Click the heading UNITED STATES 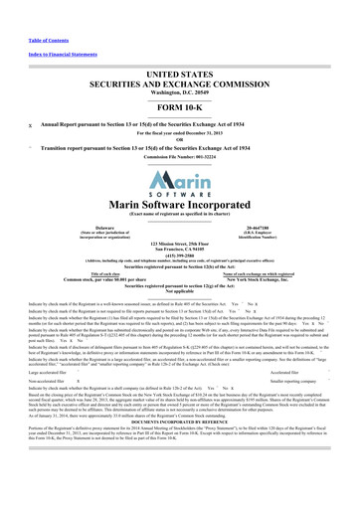point(180,48)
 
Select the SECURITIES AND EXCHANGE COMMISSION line point(180,59)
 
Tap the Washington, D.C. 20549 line point(180,68)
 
